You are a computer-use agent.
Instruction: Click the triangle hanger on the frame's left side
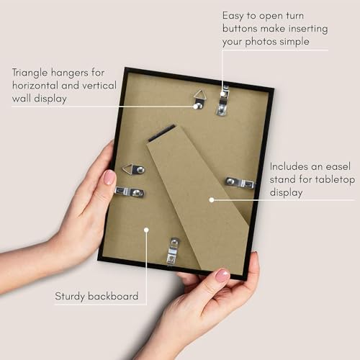[x=132, y=169]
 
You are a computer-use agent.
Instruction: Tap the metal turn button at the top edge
[x=224, y=100]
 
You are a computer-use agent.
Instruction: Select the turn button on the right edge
[x=240, y=182]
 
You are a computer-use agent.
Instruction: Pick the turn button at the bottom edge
[x=173, y=251]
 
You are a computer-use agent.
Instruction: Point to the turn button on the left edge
[x=130, y=192]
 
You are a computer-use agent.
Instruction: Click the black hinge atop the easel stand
[x=162, y=133]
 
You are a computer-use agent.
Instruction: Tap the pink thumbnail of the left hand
[x=109, y=177]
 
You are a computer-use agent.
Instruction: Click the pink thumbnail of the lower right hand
[x=222, y=275]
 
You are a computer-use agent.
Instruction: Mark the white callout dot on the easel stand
[x=212, y=199]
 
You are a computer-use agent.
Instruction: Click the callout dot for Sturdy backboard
[x=146, y=230]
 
